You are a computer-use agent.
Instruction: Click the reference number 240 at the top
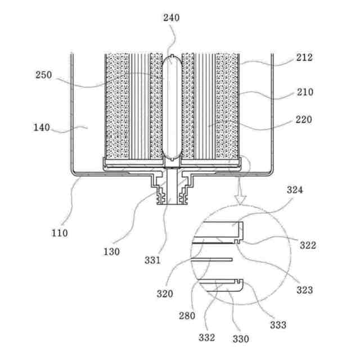172,17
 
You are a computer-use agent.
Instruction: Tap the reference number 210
304,92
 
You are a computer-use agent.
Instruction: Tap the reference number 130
112,251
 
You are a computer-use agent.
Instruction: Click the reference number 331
152,260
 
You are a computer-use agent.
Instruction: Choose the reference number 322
308,245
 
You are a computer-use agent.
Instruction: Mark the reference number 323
305,290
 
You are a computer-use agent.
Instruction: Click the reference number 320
165,293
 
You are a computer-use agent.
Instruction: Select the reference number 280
188,316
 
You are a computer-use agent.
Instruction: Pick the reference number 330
241,339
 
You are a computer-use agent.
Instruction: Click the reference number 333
278,325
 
